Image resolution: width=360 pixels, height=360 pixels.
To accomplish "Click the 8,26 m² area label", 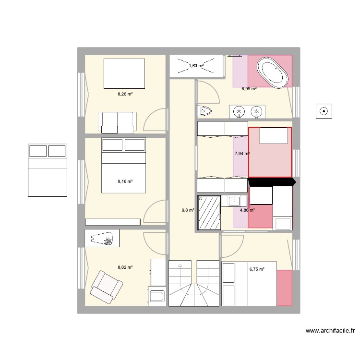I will (125, 95).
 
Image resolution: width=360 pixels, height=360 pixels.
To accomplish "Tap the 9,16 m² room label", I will (125, 181).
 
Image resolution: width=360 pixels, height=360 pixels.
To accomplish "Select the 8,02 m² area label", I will (125, 268).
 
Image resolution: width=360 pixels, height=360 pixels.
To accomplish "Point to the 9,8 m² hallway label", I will (188, 210).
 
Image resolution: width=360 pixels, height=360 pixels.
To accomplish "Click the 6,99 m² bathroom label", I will (249, 89).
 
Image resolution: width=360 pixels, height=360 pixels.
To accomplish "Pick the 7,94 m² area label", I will (241, 154).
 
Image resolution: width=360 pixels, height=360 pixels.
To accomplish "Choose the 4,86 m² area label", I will (247, 210).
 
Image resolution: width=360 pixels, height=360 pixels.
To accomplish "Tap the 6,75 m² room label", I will (257, 269).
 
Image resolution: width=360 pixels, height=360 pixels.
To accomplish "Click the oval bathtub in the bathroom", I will (273, 72).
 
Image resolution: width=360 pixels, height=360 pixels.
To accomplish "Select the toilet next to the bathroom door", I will (204, 111).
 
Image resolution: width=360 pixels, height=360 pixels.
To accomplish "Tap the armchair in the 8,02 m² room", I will (105, 286).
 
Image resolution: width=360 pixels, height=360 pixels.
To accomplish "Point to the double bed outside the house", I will (48, 170).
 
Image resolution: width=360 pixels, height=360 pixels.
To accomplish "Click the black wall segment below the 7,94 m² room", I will (271, 182).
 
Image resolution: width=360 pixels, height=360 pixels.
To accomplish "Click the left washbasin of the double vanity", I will (239, 112).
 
